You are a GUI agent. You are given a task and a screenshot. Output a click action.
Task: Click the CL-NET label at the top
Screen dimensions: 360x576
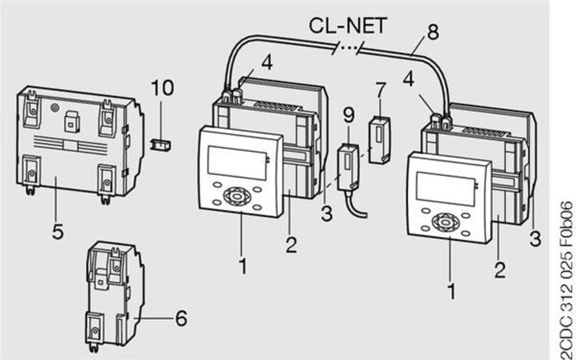(x=348, y=26)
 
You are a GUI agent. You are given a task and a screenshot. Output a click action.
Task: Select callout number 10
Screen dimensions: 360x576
(x=162, y=88)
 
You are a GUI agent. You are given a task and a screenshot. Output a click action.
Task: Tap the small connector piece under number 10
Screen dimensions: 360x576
(x=160, y=145)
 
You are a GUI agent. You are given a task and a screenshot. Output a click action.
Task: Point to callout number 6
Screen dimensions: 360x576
(x=181, y=319)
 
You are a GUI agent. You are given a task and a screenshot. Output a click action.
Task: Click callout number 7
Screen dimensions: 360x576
(x=379, y=91)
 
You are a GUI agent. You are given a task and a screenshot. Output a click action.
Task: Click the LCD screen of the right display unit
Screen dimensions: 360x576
(x=444, y=188)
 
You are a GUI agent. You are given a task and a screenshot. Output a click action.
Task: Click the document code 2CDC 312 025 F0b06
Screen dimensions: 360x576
(x=565, y=279)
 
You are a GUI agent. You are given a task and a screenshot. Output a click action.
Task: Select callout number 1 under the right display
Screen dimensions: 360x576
(x=452, y=292)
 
